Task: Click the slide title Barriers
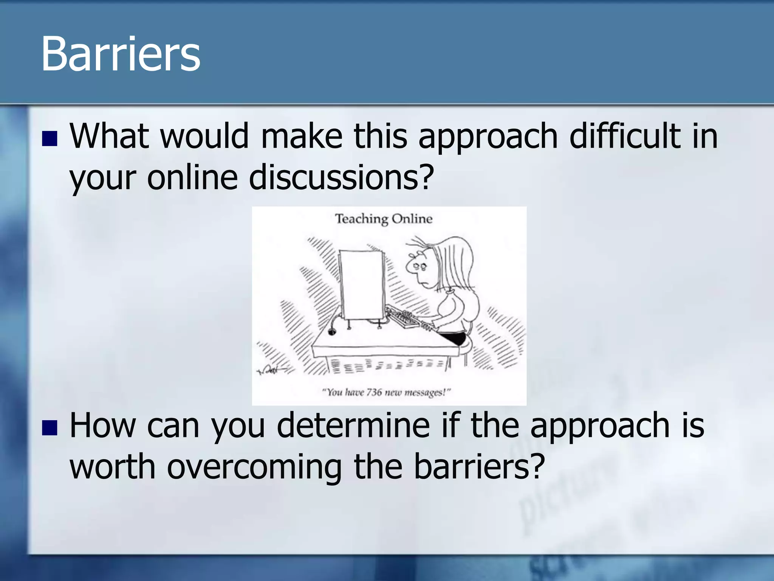(120, 54)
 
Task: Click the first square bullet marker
(50, 139)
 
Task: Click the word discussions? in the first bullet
(341, 178)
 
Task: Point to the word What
(109, 136)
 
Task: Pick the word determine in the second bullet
(353, 426)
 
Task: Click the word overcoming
(254, 467)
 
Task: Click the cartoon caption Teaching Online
(384, 219)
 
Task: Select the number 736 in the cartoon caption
(374, 392)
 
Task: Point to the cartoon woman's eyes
(419, 266)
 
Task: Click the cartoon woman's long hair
(455, 265)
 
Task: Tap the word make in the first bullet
(302, 136)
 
